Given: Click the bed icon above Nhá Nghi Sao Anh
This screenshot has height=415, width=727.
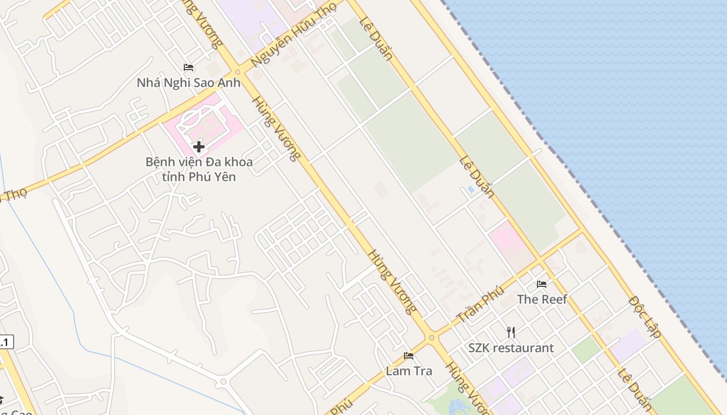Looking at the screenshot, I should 189,67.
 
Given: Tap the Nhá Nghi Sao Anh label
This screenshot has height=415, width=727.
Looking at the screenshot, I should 189,82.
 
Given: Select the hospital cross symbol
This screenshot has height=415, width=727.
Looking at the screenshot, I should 198,147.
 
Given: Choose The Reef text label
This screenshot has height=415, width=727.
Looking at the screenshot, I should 542,299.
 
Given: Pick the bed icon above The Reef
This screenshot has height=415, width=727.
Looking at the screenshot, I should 542,284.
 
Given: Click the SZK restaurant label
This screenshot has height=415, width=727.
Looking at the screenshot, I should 511,348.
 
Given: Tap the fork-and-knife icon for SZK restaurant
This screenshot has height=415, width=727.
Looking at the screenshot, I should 511,333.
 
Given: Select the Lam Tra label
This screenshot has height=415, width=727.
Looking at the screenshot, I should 409,371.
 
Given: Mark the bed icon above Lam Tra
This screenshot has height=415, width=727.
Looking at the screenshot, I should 409,356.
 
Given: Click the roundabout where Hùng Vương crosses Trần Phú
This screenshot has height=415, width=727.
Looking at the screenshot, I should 432,338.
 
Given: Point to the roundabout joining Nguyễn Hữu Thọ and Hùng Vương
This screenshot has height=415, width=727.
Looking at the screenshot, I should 238,72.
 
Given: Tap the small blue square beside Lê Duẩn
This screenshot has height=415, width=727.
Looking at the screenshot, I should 471,189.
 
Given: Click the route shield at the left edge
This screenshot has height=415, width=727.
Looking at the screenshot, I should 5,342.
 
